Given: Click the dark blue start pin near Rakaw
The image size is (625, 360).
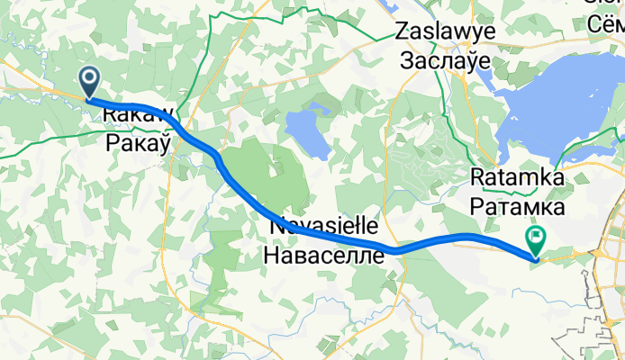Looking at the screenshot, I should click(90, 82).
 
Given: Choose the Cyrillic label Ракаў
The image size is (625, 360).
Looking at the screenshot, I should click(139, 142).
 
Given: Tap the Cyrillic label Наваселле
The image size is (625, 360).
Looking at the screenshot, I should click(323, 255).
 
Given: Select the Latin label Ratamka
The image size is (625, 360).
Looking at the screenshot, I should click(518, 179).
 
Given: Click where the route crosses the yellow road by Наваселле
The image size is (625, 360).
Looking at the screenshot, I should click(394, 249).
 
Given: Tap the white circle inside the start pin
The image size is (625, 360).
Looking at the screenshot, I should click(90, 78).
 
